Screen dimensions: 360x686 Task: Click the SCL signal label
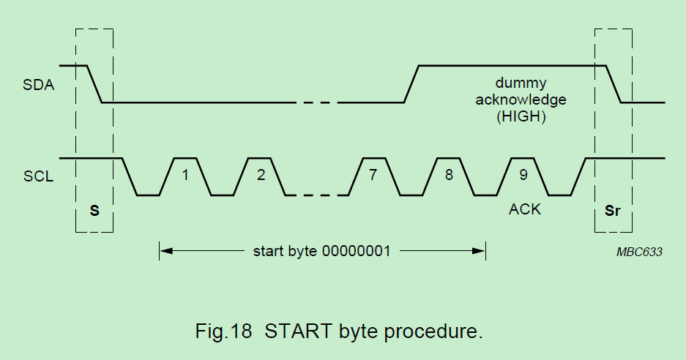pos(38,176)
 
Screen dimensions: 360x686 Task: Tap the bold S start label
pos(94,211)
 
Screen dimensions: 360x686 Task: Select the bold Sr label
pos(613,211)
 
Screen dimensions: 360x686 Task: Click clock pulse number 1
pos(185,176)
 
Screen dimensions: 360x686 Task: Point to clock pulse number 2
pos(260,176)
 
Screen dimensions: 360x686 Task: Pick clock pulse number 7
pos(373,176)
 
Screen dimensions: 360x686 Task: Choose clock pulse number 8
pos(448,176)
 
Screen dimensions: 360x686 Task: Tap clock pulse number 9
pos(523,176)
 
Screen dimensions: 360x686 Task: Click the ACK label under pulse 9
pos(524,209)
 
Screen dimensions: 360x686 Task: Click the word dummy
pos(521,83)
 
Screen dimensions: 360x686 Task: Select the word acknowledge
pos(521,99)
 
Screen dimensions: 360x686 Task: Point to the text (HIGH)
pos(521,116)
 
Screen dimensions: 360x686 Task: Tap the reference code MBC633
pos(638,251)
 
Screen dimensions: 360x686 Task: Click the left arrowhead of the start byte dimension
pos(165,251)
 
